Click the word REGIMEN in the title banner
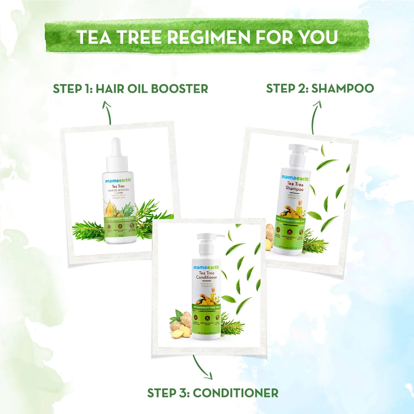(x=205, y=37)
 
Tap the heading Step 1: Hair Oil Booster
(x=130, y=89)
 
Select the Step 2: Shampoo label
(x=320, y=88)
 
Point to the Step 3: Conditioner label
(x=213, y=393)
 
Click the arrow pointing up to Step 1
(x=108, y=112)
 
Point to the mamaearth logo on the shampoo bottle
(x=295, y=178)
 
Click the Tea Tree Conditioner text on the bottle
(x=206, y=275)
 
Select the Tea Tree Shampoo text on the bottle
(x=295, y=187)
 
